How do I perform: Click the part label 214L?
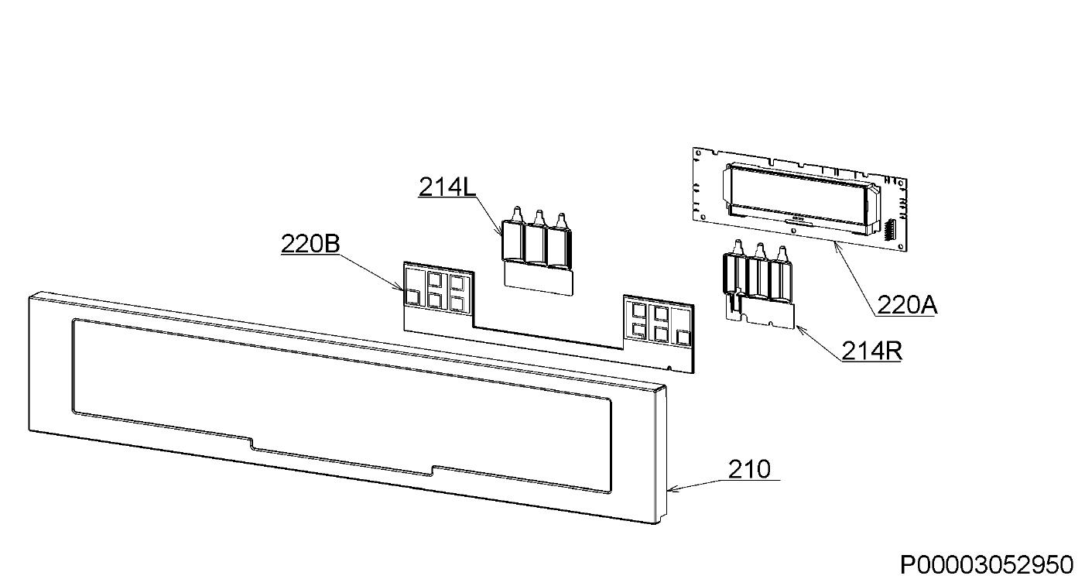point(447,187)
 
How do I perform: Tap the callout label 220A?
point(907,305)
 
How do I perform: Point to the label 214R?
point(872,351)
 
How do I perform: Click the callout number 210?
point(749,469)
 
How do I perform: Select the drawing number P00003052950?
point(987,565)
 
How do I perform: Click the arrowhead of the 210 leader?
point(670,490)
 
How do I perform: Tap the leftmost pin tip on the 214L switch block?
point(517,208)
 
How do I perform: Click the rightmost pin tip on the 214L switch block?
point(561,214)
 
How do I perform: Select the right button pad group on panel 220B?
point(658,322)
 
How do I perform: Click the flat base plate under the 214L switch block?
point(539,279)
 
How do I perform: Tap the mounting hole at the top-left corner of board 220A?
point(698,153)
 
